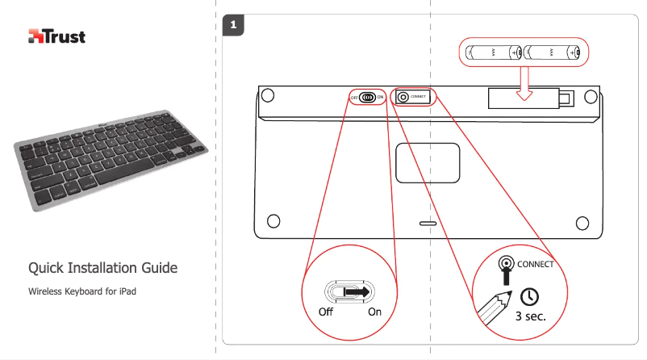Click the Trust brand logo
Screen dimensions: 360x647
pyautogui.click(x=56, y=36)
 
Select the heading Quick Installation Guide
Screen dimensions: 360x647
pyautogui.click(x=102, y=268)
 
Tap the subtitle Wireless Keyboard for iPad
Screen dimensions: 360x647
pyautogui.click(x=81, y=290)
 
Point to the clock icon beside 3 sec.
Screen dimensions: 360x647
pyautogui.click(x=529, y=295)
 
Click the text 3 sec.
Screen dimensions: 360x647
pyautogui.click(x=531, y=316)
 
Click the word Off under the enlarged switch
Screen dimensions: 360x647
pyautogui.click(x=326, y=312)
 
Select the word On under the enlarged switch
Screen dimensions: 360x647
pyautogui.click(x=374, y=312)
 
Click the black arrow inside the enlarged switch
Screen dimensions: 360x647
pyautogui.click(x=354, y=291)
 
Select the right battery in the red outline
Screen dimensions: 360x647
pyautogui.click(x=553, y=53)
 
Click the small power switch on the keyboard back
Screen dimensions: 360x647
pyautogui.click(x=369, y=97)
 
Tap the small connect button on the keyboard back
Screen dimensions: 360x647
pyautogui.click(x=403, y=97)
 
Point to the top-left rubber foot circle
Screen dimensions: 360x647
pyautogui.click(x=269, y=95)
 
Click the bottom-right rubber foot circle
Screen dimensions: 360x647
pyautogui.click(x=585, y=220)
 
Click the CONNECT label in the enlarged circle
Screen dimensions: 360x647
pyautogui.click(x=536, y=264)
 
